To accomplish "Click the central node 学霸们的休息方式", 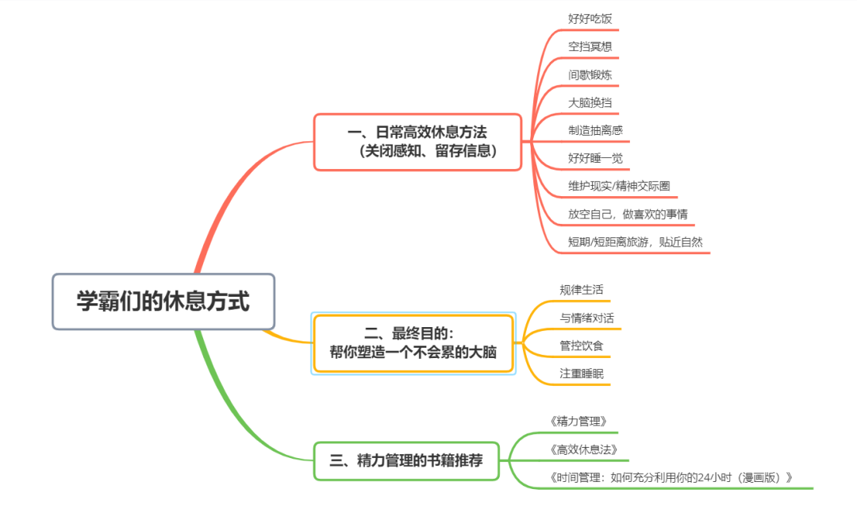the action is click(163, 302).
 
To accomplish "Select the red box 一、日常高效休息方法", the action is click(417, 141).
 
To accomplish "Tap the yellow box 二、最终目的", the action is click(413, 343).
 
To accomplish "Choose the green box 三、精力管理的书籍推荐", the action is click(406, 460).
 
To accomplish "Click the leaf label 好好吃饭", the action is click(590, 18).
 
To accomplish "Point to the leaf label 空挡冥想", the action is click(590, 46).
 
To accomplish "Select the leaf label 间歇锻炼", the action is click(590, 75).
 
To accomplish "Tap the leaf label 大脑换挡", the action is click(590, 102).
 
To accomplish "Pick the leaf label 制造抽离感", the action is click(595, 130).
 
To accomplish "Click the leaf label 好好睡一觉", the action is click(595, 158).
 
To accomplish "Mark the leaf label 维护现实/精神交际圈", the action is click(619, 186).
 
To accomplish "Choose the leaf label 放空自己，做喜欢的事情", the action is click(632, 214).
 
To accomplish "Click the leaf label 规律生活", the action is click(581, 290).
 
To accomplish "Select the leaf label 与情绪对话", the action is click(586, 318).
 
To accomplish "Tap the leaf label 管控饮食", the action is click(581, 345).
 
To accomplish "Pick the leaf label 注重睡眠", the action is click(581, 373).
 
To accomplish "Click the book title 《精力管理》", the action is click(578, 422).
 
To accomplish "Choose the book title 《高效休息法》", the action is click(583, 449).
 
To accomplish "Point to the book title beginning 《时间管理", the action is click(671, 477).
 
